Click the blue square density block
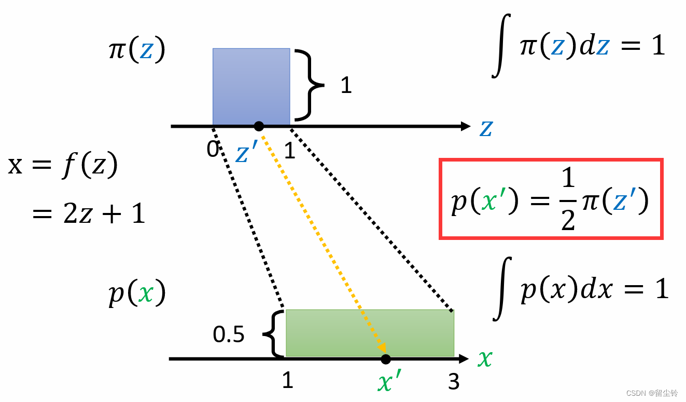[x=251, y=86]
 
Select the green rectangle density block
[x=370, y=333]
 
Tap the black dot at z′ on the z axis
[x=259, y=126]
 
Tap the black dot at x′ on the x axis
[x=385, y=359]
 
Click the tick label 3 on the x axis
[x=454, y=382]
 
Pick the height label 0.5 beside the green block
[x=229, y=335]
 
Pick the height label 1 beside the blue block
[x=346, y=86]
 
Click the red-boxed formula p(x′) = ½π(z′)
[x=551, y=199]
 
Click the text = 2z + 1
[x=88, y=213]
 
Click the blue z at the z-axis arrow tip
[x=486, y=127]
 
